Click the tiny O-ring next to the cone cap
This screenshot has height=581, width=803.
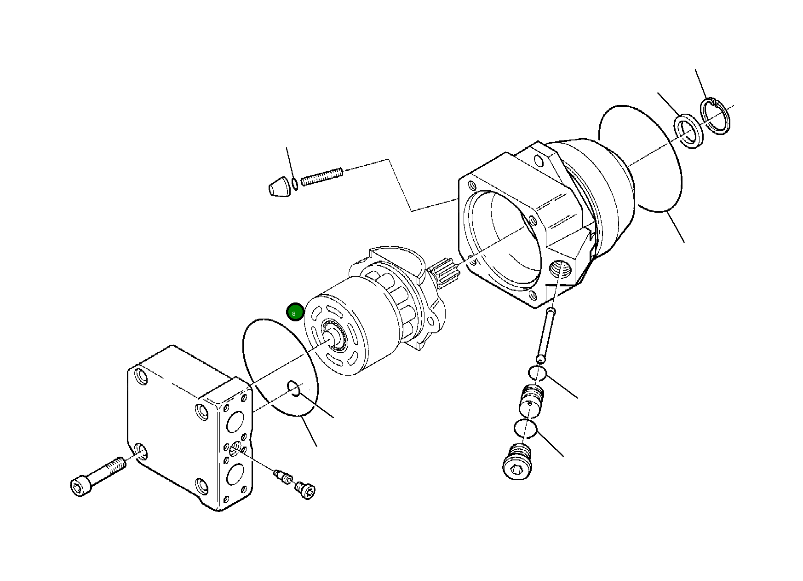pos(295,184)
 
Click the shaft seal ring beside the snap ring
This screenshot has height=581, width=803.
pos(688,133)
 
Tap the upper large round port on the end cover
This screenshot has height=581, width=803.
pos(235,421)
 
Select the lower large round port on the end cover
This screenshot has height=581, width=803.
pos(235,474)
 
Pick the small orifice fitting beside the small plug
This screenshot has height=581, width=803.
pos(282,476)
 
